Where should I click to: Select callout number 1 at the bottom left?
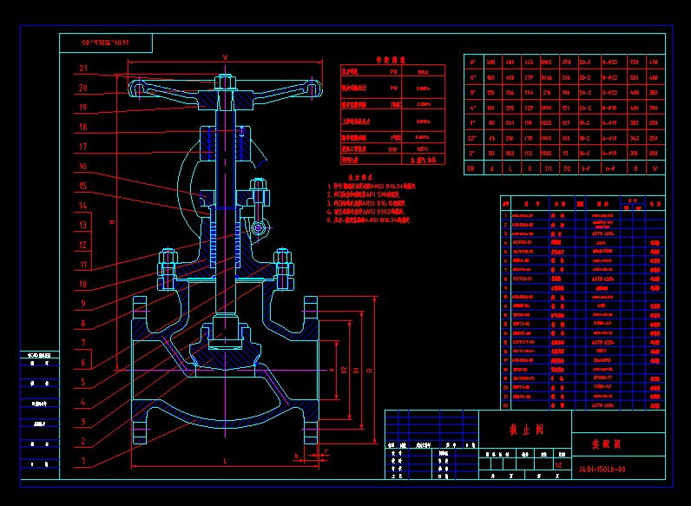click(x=83, y=461)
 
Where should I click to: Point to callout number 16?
click(x=83, y=166)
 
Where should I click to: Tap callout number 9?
click(x=83, y=304)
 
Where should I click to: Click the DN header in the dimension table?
click(x=472, y=167)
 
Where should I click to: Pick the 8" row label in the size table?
click(x=472, y=62)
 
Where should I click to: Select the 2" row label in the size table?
click(x=472, y=151)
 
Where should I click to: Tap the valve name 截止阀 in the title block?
click(x=524, y=430)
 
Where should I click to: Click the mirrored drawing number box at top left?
click(x=104, y=42)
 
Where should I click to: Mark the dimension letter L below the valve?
click(x=225, y=460)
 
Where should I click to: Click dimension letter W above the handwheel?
click(x=225, y=57)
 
